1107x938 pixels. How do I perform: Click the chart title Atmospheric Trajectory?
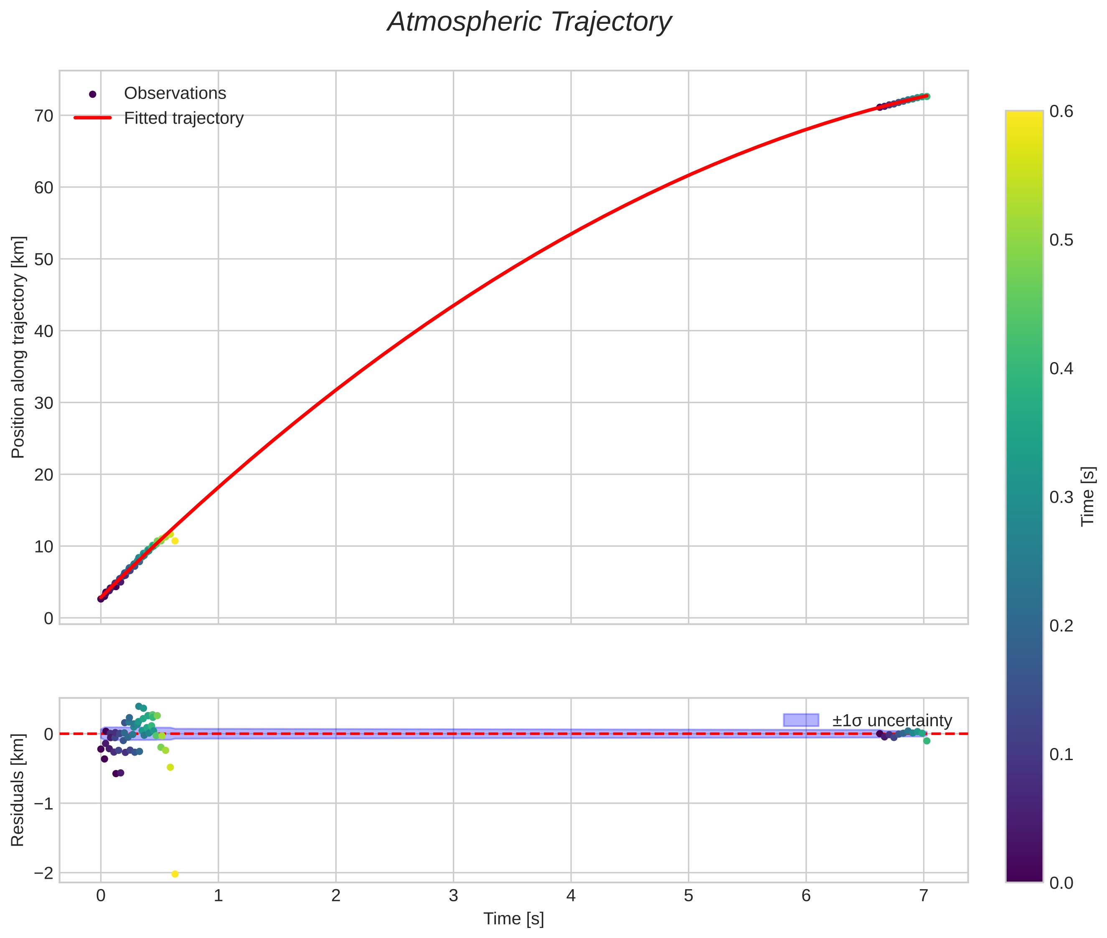(x=529, y=22)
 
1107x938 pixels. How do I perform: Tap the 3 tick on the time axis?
(x=453, y=896)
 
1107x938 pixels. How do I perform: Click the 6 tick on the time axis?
(x=806, y=896)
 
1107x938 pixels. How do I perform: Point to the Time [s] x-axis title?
(x=513, y=919)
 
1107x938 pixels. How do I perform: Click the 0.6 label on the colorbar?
(x=1061, y=112)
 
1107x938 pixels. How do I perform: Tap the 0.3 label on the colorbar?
(x=1061, y=497)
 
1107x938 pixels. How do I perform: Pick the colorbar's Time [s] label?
(x=1088, y=496)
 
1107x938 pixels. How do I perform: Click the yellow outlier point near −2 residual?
(x=175, y=874)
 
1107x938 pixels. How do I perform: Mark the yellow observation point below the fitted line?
(x=175, y=541)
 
